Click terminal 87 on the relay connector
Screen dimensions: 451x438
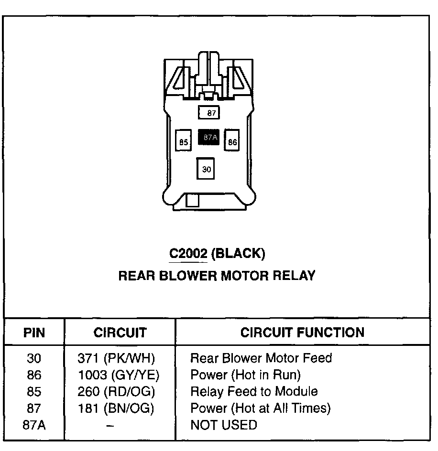pyautogui.click(x=209, y=113)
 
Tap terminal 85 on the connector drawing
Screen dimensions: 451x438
pyautogui.click(x=184, y=141)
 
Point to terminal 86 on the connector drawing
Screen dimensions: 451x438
pyautogui.click(x=232, y=141)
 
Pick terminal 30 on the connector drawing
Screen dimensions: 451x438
pyautogui.click(x=206, y=169)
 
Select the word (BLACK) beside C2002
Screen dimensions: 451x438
pyautogui.click(x=238, y=253)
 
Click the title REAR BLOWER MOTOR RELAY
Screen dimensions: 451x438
pyautogui.click(x=217, y=276)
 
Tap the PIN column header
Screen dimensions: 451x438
pyautogui.click(x=34, y=333)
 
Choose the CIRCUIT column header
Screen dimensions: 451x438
pyautogui.click(x=120, y=333)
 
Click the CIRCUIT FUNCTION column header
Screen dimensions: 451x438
pyautogui.click(x=302, y=333)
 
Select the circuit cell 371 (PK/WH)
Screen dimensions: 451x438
pyautogui.click(x=116, y=358)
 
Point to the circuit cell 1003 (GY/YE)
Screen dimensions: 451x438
pyautogui.click(x=118, y=375)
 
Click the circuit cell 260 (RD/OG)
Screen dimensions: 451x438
pyautogui.click(x=116, y=391)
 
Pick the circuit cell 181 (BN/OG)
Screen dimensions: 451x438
pyautogui.click(x=116, y=408)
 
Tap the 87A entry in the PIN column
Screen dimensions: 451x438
pyautogui.click(x=34, y=425)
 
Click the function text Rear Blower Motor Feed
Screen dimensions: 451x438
pyautogui.click(x=261, y=358)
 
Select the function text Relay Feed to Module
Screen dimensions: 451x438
pyautogui.click(x=254, y=391)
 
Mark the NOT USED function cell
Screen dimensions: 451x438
pyautogui.click(x=223, y=425)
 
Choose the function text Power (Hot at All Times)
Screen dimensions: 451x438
pyautogui.click(x=261, y=408)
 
